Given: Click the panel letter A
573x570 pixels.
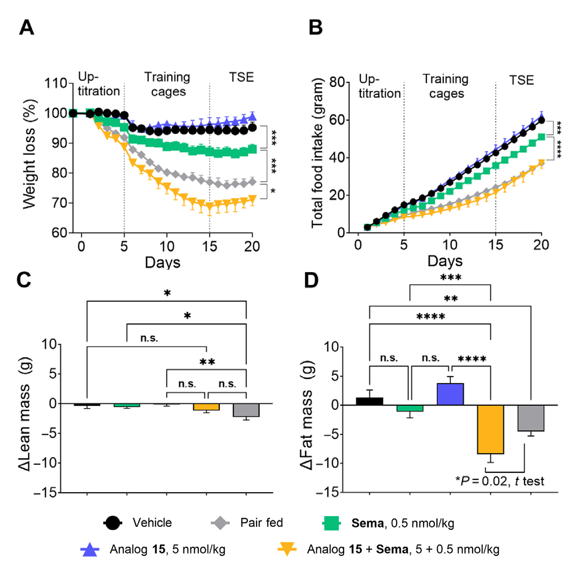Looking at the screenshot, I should point(27,28).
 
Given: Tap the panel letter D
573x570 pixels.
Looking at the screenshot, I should point(311,280).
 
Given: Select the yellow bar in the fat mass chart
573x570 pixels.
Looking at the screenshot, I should point(490,429).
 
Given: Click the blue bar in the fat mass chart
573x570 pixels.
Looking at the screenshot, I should point(450,394).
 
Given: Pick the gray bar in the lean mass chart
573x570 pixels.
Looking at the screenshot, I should point(246,410).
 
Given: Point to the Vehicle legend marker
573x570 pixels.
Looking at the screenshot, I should point(113,523).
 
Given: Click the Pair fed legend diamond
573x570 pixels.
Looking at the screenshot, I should point(220,523).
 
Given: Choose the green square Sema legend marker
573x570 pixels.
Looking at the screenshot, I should point(331,523).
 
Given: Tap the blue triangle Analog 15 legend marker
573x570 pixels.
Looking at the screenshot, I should point(90,549).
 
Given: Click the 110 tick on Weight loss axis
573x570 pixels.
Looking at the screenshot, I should point(55,83).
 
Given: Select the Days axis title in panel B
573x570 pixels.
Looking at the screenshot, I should point(445,261).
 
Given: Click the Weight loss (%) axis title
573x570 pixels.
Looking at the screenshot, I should point(30,154).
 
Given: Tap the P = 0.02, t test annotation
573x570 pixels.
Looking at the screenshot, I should point(500,481).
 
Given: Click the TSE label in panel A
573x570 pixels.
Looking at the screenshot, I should point(241,77).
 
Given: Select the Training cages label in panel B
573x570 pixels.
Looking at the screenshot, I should point(446,86).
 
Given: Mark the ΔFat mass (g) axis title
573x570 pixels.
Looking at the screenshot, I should point(307,415).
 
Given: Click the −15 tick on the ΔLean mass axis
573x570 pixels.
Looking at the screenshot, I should point(45,493).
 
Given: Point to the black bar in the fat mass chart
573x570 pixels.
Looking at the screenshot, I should point(369,401).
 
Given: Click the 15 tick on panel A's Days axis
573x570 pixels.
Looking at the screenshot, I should point(209,246).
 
